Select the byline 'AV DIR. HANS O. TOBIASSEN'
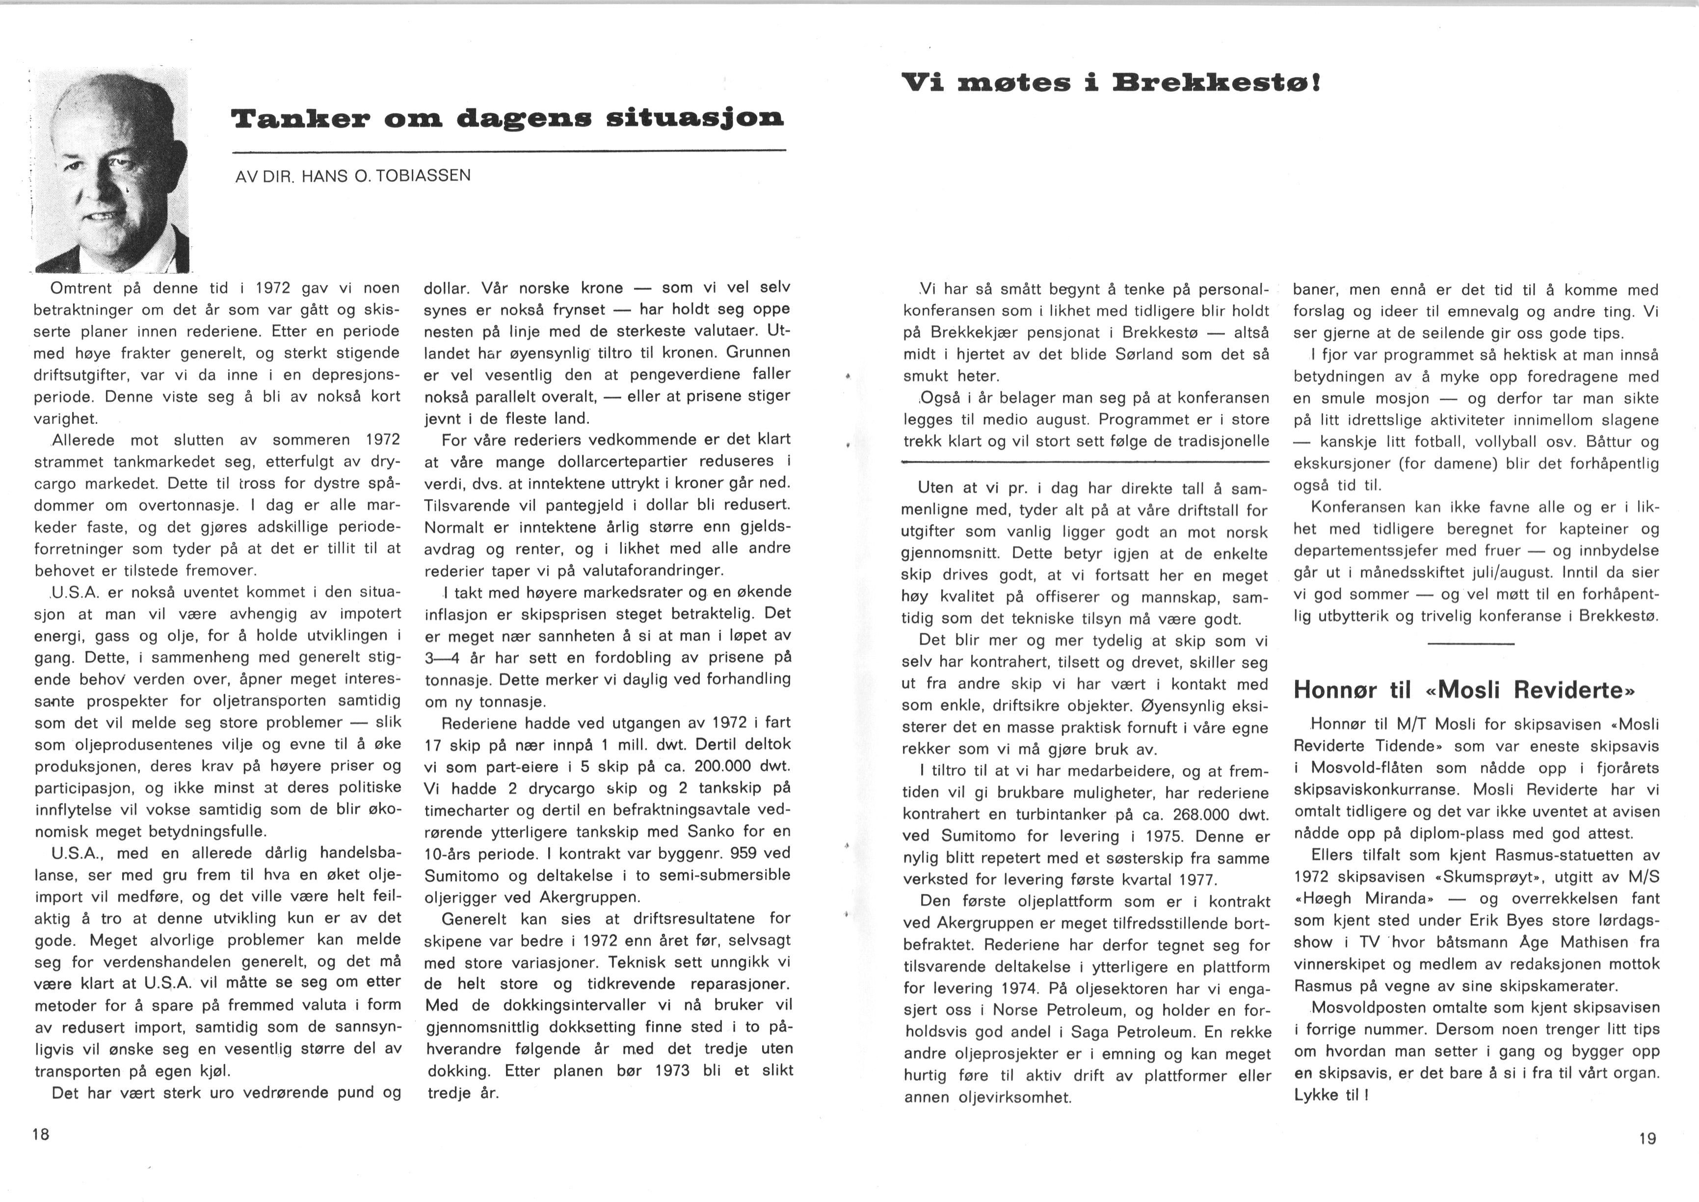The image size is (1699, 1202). [x=352, y=177]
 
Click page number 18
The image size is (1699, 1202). [x=41, y=1133]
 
